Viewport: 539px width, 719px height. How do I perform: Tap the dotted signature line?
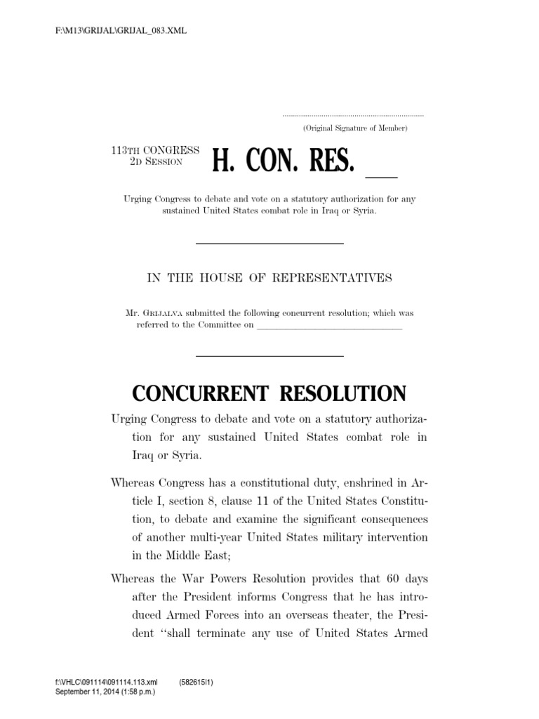tap(353, 114)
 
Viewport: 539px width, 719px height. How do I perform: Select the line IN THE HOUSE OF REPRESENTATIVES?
tap(269, 278)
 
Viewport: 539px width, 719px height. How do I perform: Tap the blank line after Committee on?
tap(330, 327)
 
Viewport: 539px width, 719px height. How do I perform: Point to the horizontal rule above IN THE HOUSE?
tap(269, 243)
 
